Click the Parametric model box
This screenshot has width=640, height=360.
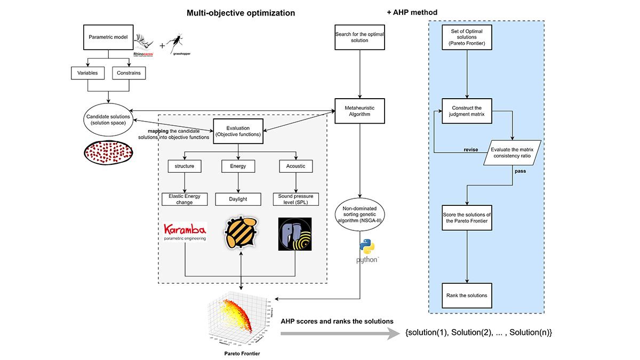pos(109,37)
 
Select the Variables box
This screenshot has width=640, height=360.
pos(88,73)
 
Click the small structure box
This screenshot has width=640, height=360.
pos(185,166)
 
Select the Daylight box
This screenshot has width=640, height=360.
pos(238,199)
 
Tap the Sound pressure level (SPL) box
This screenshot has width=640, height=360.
pos(295,199)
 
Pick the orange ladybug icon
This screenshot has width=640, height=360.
pos(241,234)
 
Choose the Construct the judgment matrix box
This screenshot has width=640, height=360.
pos(467,111)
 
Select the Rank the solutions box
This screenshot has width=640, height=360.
pos(467,295)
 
